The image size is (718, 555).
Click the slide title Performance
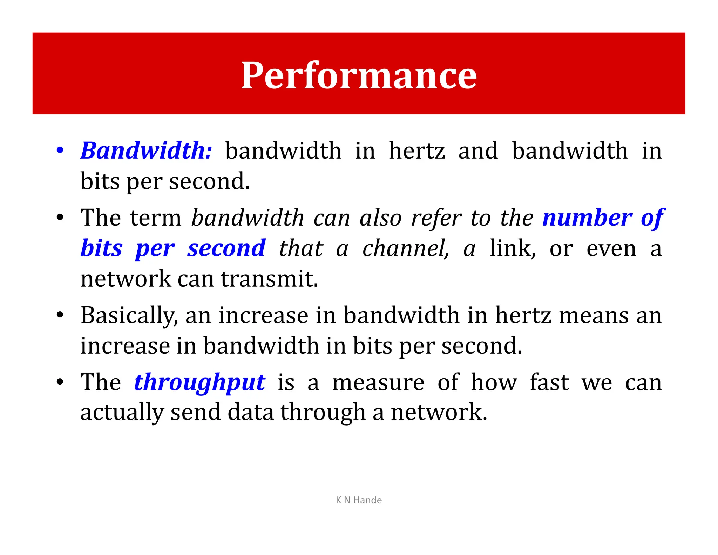(359, 75)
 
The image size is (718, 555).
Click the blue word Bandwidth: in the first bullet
(146, 151)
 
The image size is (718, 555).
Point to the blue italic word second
(226, 248)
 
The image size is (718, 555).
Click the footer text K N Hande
(359, 500)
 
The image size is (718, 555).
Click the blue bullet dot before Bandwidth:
(60, 151)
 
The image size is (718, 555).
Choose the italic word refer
(436, 218)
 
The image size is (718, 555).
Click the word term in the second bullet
(156, 218)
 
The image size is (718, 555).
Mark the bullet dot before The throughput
(60, 382)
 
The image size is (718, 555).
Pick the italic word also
(380, 218)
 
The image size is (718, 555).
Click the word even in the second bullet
(611, 248)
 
